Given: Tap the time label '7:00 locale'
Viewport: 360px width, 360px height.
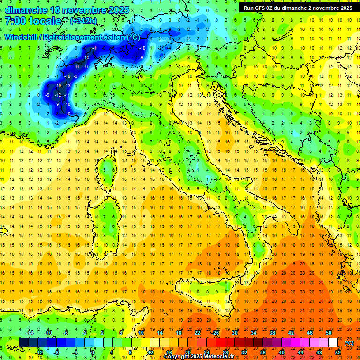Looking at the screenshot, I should pos(33,21).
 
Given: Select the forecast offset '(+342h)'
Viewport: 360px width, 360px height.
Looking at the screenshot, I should pos(84,21).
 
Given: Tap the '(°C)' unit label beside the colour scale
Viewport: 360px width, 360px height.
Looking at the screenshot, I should pos(349,343).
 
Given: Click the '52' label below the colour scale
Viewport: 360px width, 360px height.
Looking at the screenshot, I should pos(338,352).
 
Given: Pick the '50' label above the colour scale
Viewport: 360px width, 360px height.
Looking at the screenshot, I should pos(329,333).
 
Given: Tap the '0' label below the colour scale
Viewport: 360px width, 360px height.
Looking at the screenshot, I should pos(93,352).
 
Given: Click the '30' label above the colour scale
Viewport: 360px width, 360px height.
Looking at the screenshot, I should pos(234,333).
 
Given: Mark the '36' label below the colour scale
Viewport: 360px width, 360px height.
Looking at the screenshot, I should pos(262,352).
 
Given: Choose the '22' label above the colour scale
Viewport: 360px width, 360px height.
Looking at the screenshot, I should pos(197,333).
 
